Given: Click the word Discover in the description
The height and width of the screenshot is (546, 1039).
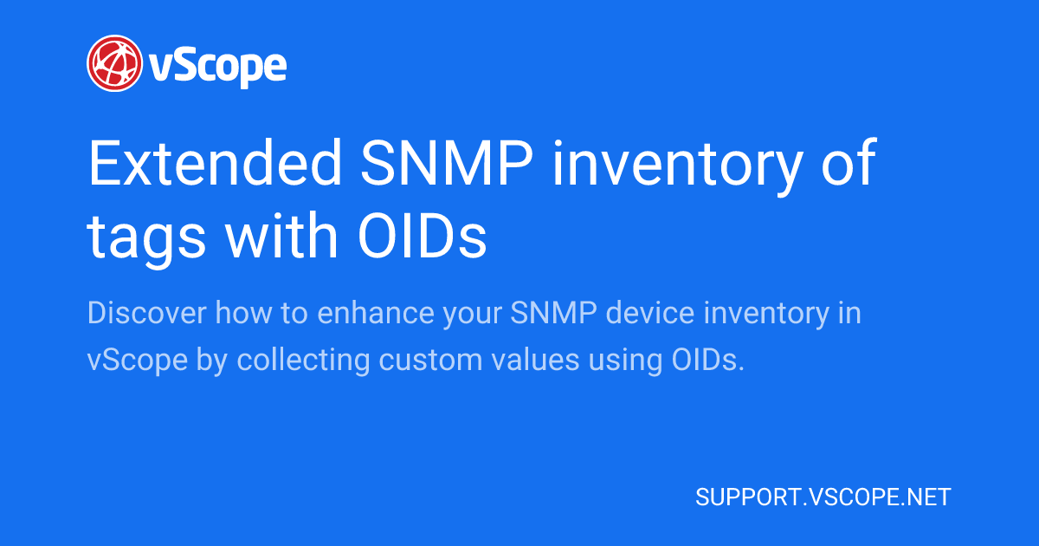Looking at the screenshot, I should point(146,313).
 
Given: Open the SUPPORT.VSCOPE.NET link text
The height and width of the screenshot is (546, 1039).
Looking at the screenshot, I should point(823,497).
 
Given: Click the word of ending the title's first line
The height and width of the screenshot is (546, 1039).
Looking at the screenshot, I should point(848,165).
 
